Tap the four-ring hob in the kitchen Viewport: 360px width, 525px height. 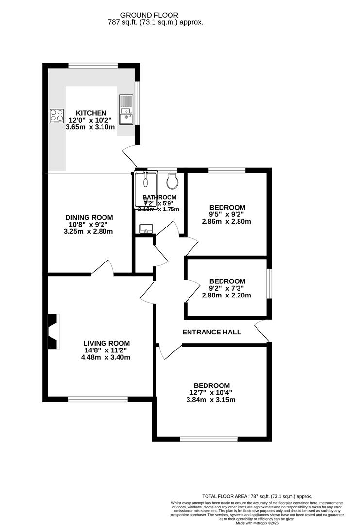pos(56,116)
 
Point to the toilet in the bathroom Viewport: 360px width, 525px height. pos(172,182)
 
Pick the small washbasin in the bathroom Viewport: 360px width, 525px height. pos(144,228)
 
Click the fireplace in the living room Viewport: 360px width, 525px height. pos(52,331)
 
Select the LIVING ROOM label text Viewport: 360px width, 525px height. pos(106,343)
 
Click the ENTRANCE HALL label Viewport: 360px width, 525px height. pos(211,332)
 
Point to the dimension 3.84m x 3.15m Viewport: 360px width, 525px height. pos(211,400)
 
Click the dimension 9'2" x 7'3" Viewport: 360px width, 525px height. pos(227,288)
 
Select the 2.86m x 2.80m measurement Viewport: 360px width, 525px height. pos(226,222)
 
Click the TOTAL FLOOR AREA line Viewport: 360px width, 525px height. pos(257,496)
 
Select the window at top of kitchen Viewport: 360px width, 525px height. pos(93,65)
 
